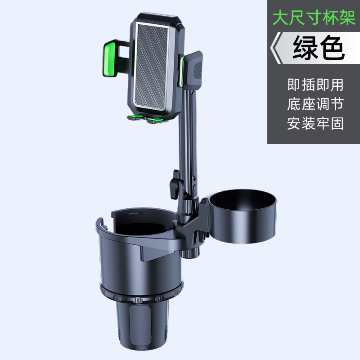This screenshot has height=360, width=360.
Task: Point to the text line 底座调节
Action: click(x=315, y=104)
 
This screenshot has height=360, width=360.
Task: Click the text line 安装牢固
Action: click(x=315, y=123)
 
